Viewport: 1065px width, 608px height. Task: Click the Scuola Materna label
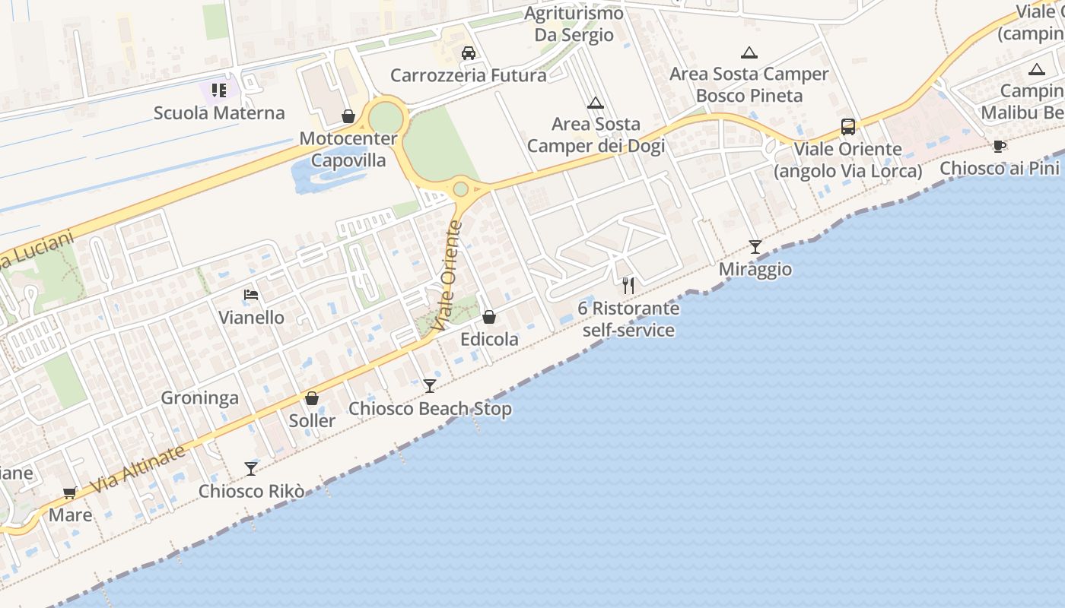tap(219, 113)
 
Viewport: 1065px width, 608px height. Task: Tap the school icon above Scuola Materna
tap(219, 91)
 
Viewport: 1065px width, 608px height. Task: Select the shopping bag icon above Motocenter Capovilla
tap(348, 116)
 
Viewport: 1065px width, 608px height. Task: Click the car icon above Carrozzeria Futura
tap(469, 53)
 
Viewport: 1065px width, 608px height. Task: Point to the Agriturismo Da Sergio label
tap(574, 24)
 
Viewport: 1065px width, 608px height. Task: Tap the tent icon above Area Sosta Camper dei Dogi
tap(595, 103)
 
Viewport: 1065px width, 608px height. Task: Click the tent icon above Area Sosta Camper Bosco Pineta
tap(749, 52)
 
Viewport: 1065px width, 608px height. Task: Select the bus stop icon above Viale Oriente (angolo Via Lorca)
tap(847, 127)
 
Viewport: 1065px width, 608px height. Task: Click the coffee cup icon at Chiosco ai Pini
tap(1000, 146)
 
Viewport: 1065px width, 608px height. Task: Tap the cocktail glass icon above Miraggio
tap(755, 247)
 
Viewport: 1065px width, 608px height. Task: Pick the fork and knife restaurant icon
tap(628, 286)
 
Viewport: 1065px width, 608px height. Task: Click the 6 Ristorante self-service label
tap(628, 319)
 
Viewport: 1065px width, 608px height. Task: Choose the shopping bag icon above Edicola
tap(489, 317)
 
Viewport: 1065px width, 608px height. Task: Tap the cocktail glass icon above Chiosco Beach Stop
tap(430, 386)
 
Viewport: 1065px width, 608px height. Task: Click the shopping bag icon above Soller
tap(312, 398)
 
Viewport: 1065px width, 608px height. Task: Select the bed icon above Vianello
tap(251, 295)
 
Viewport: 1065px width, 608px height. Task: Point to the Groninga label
tap(199, 397)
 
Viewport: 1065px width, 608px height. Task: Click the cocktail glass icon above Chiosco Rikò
tap(251, 468)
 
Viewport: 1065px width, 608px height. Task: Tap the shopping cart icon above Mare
tap(70, 492)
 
